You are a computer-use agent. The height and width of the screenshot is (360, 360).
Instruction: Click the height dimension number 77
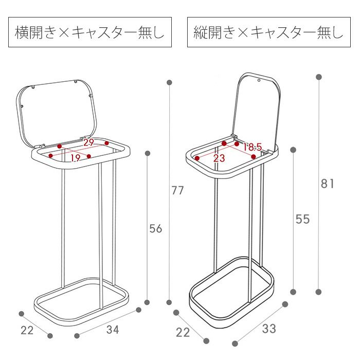pyautogui.click(x=178, y=190)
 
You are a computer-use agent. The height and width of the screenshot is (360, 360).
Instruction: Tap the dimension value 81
pyautogui.click(x=327, y=184)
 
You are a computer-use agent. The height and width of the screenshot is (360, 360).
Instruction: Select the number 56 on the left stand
pyautogui.click(x=156, y=229)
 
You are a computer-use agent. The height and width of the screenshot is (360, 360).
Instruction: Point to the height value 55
pyautogui.click(x=302, y=219)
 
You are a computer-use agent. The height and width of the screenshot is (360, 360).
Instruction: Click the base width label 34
pyautogui.click(x=113, y=330)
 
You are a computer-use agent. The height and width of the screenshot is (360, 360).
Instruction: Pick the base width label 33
pyautogui.click(x=269, y=329)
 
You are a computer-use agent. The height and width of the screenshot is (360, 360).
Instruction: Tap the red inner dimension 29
pyautogui.click(x=88, y=142)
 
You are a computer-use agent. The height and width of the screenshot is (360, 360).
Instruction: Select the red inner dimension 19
pyautogui.click(x=75, y=158)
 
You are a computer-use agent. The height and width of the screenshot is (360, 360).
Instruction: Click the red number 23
pyautogui.click(x=219, y=158)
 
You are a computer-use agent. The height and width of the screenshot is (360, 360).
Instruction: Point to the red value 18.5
pyautogui.click(x=253, y=147)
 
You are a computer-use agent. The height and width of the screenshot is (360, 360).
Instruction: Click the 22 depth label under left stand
pyautogui.click(x=27, y=330)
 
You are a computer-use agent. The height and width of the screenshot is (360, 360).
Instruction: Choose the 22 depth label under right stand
pyautogui.click(x=183, y=332)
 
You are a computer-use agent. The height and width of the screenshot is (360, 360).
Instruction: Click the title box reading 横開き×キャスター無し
pyautogui.click(x=90, y=32)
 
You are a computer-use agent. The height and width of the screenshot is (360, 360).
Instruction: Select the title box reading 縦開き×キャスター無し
pyautogui.click(x=269, y=32)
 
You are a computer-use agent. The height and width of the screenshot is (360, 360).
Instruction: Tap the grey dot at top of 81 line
pyautogui.click(x=319, y=77)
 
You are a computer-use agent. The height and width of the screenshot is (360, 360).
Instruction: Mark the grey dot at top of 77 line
pyautogui.click(x=169, y=82)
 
